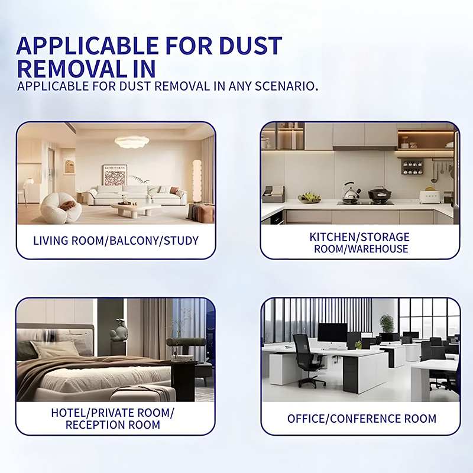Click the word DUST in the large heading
pyautogui.click(x=250, y=46)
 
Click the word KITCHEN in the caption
pyautogui.click(x=333, y=237)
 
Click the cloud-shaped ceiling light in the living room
pyautogui.click(x=132, y=141)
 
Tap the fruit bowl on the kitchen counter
pyautogui.click(x=309, y=197)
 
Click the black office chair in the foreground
pyautogui.click(x=309, y=361)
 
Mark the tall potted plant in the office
pyautogui.click(x=387, y=323)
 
